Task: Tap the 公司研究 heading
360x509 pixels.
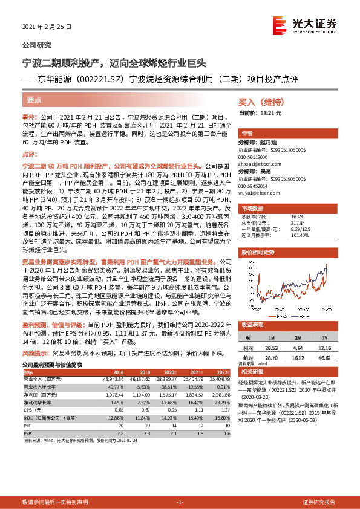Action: coord(37,45)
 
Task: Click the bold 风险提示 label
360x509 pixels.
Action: coord(34,351)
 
